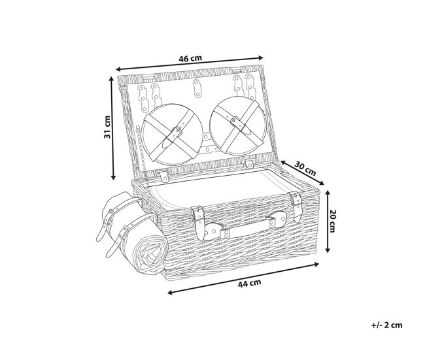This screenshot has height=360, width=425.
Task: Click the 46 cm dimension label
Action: point(190,59)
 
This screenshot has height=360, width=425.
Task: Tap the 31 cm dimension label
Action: point(107,127)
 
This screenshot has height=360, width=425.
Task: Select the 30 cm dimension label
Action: point(305,168)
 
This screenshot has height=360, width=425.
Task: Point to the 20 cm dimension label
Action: point(331,221)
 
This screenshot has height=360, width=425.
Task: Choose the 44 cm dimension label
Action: point(249,284)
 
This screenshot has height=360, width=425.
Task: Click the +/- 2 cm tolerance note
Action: point(386,325)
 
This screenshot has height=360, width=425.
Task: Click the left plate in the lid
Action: point(172,135)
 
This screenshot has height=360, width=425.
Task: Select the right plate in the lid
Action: point(238,126)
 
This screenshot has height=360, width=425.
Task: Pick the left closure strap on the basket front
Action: point(199,221)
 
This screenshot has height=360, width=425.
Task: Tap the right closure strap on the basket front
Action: point(296,206)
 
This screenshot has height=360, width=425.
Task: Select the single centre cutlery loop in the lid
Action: point(197,88)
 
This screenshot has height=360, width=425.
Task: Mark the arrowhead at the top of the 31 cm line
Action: point(111,79)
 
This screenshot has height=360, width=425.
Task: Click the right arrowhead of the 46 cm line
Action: point(260,57)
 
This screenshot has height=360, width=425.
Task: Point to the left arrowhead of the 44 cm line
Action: point(171,293)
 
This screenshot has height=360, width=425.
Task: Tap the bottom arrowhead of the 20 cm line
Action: point(328,250)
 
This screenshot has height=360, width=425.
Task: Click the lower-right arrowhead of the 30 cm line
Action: point(321,183)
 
